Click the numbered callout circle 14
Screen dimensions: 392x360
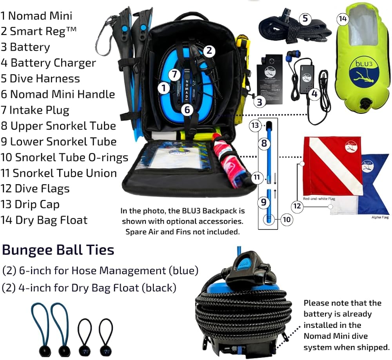coord(343,18)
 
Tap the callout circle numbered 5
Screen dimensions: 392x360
coord(305,18)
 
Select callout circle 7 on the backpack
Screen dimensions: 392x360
coord(175,74)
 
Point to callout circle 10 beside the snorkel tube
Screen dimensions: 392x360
coord(287,219)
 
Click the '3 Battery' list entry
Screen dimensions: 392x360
coord(25,47)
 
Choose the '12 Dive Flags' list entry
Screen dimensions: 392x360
coord(35,188)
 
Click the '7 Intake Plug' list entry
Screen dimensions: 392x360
coord(35,110)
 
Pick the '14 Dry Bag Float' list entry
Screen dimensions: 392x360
coord(44,220)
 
